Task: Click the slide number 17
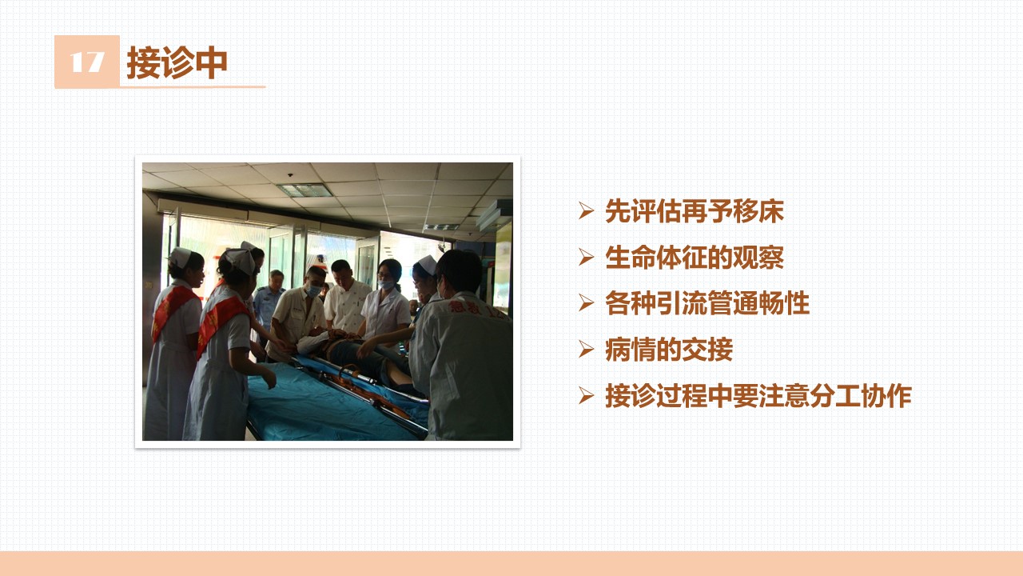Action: [x=87, y=62]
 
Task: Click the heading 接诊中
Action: [x=177, y=62]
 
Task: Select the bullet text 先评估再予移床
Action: [x=695, y=211]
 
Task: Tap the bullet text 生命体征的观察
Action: [x=695, y=258]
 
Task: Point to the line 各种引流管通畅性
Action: [x=707, y=303]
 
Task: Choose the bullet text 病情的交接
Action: [x=669, y=350]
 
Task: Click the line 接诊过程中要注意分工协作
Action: [x=758, y=395]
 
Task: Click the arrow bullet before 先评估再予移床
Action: [x=586, y=211]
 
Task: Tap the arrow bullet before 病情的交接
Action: [x=586, y=350]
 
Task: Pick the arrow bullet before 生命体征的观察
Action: [x=586, y=258]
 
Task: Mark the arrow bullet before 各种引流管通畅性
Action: [x=586, y=303]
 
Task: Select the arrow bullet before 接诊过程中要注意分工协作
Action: [x=586, y=395]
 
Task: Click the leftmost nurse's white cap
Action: [x=180, y=258]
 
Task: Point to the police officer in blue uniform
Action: [x=269, y=304]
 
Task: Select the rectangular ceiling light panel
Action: [x=305, y=190]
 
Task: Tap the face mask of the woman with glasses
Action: [x=386, y=285]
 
